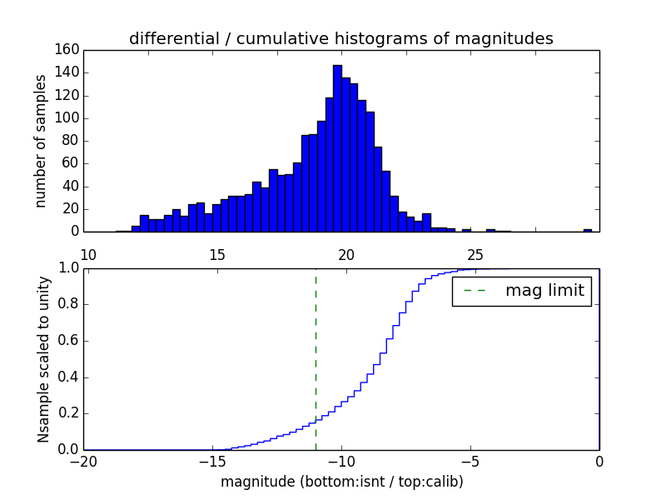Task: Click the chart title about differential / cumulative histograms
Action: (x=340, y=38)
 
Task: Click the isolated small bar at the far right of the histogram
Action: (x=587, y=229)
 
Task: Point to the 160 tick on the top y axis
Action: (x=69, y=50)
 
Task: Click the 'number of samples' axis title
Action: (x=41, y=141)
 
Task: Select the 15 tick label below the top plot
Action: (x=217, y=254)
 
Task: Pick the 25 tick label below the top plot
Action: (x=475, y=254)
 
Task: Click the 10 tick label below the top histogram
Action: (x=88, y=254)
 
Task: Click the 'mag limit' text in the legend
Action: (x=544, y=291)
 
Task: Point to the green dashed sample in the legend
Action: (x=475, y=291)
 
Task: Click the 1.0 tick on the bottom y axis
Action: (x=68, y=267)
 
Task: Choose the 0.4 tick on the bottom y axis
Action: (x=68, y=377)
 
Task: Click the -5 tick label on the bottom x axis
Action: (x=470, y=462)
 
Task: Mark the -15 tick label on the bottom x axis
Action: (x=211, y=462)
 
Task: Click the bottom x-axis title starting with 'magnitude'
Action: (x=341, y=482)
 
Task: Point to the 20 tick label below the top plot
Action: (x=346, y=254)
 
